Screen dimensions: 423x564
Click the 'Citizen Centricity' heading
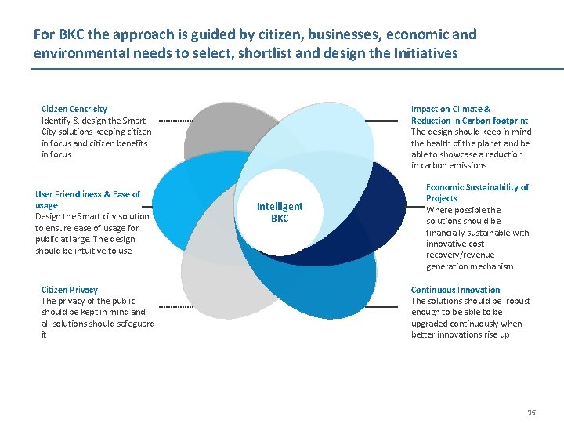[74, 109]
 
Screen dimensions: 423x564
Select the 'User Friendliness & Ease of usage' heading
[87, 199]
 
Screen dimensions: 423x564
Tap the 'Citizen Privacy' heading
[70, 290]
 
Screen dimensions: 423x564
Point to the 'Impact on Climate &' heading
[451, 109]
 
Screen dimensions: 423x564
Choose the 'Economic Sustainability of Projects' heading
[477, 193]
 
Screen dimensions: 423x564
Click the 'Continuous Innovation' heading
[455, 290]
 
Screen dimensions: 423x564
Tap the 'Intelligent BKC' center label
[280, 212]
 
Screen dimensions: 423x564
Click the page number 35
[532, 413]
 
